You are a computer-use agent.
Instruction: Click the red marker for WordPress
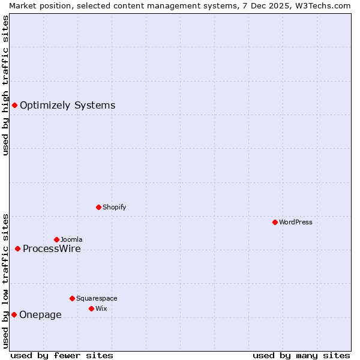coord(275,222)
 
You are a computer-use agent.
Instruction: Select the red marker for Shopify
coord(98,207)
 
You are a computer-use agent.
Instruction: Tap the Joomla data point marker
coord(56,239)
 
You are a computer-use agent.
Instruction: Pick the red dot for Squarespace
coord(72,298)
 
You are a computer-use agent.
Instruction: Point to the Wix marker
coord(91,308)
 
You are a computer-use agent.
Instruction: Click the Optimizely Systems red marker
coord(14,106)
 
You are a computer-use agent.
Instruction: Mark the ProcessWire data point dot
coord(17,248)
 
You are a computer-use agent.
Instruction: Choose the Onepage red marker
coord(14,314)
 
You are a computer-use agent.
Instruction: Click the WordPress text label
coord(295,222)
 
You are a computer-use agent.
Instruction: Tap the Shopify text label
coord(114,207)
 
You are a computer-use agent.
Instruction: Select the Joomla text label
coord(71,239)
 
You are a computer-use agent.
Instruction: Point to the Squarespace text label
coord(97,298)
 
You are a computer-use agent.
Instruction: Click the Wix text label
coord(101,308)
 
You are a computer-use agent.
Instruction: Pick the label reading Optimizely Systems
coord(67,106)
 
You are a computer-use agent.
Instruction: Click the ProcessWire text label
coord(52,248)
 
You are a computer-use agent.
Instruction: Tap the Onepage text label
coord(40,314)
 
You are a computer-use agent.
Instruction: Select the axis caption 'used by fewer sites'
coord(61,355)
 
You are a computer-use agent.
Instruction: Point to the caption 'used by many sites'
coord(301,355)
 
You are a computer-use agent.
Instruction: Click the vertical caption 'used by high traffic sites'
coord(5,85)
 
